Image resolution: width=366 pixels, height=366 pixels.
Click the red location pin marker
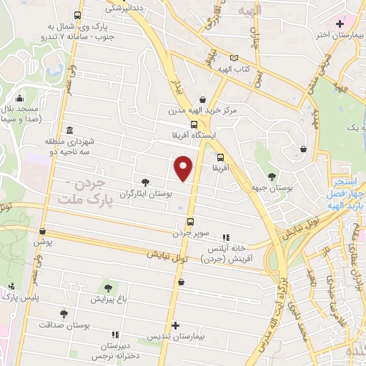point(184,167)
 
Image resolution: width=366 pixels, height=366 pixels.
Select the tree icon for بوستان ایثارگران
point(146,182)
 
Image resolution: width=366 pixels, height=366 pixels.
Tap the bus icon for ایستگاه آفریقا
point(184,124)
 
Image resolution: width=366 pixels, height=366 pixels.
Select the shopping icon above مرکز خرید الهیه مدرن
point(203,99)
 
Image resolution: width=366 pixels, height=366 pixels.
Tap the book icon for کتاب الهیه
point(233,59)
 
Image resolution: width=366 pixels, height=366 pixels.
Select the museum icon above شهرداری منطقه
point(69,131)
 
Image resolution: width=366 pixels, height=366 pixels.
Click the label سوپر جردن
point(189,232)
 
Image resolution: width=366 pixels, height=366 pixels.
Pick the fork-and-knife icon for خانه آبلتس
point(226,237)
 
